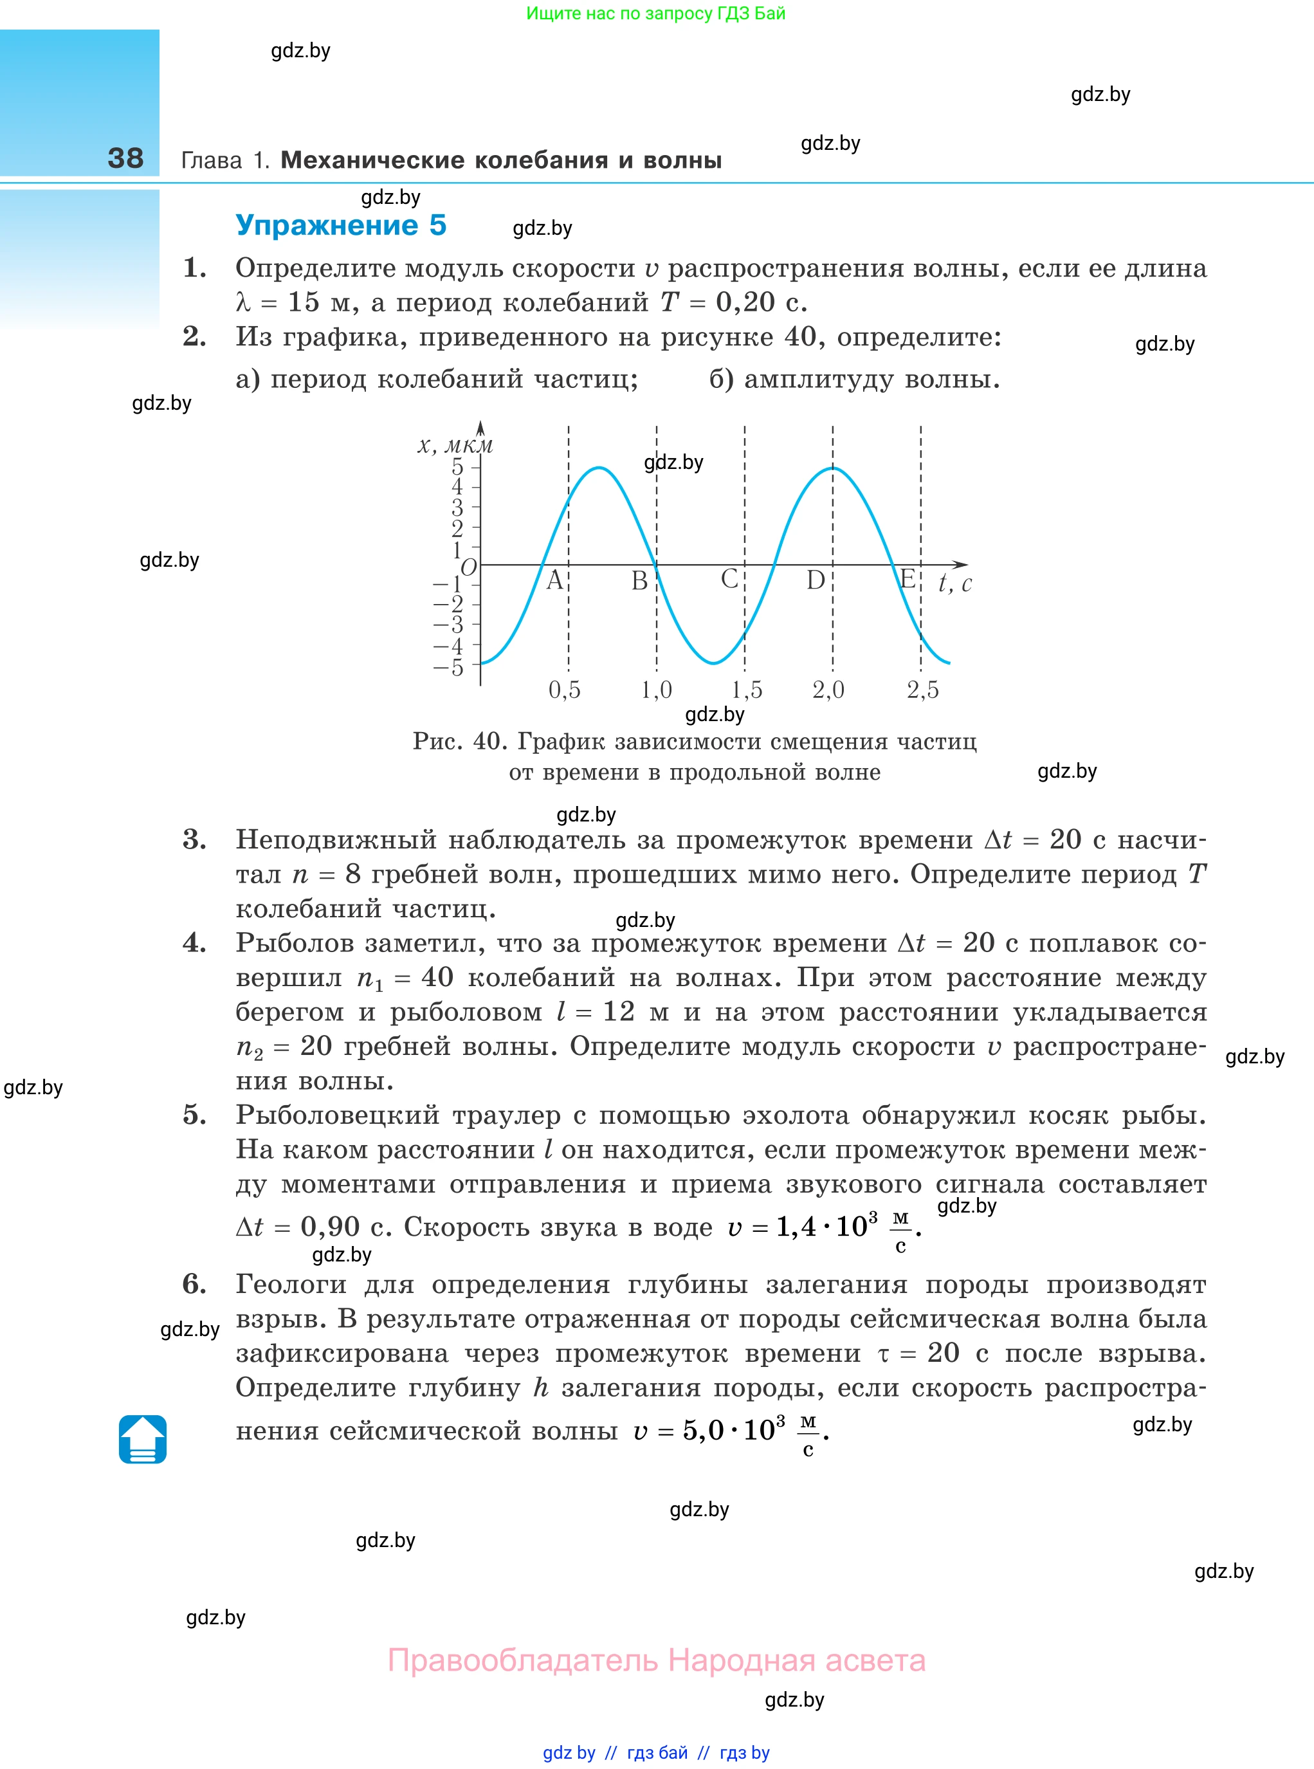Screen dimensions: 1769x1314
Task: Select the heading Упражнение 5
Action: [x=340, y=225]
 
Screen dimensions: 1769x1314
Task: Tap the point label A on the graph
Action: [x=554, y=581]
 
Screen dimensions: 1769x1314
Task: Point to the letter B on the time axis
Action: [x=639, y=581]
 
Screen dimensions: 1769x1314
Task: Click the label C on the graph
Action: [x=729, y=579]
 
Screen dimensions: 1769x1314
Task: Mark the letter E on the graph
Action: [x=907, y=579]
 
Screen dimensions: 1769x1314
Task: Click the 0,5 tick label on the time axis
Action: [x=565, y=690]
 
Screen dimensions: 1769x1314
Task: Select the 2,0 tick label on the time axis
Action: [x=828, y=690]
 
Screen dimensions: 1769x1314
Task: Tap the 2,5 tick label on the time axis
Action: [x=923, y=690]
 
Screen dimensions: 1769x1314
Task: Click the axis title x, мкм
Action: [x=455, y=445]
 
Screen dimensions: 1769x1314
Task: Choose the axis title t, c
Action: [x=954, y=584]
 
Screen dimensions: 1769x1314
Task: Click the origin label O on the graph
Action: [x=468, y=567]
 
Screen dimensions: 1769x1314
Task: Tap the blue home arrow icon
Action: [x=143, y=1439]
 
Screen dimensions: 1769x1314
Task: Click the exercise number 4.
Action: [x=194, y=944]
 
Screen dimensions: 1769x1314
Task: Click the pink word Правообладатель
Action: [x=523, y=1660]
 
